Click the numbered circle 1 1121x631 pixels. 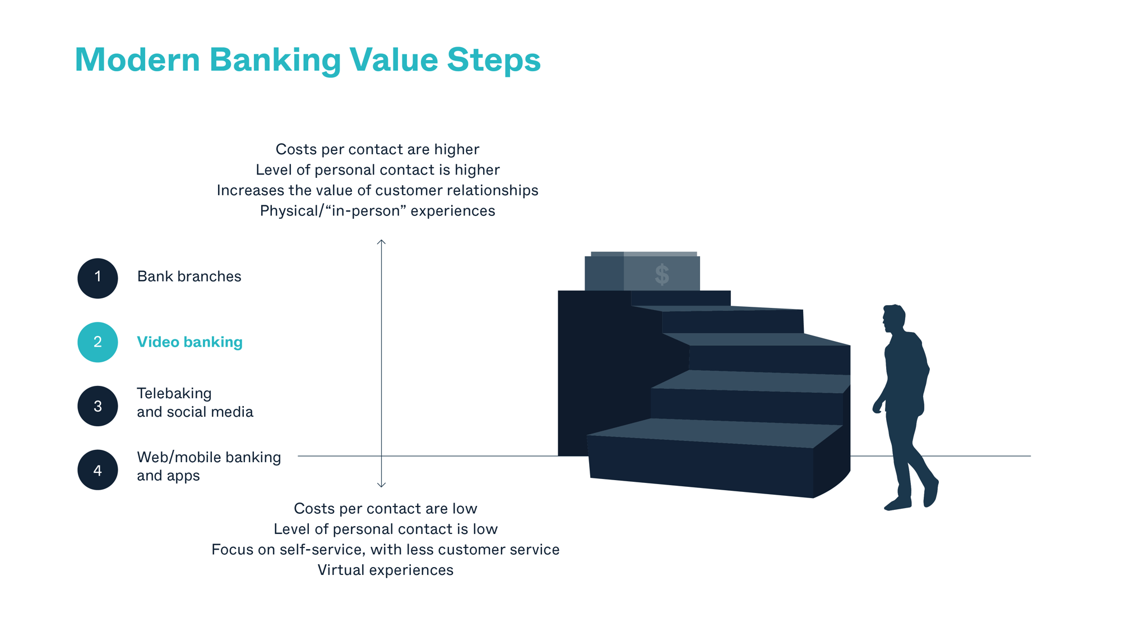[98, 278]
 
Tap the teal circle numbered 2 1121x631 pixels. [98, 342]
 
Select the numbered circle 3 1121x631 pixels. [98, 406]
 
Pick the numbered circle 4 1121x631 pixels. [98, 470]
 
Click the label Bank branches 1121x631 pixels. [189, 277]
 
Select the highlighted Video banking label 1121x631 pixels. [189, 342]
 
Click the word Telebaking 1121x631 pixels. [174, 393]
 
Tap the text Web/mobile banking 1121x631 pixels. [209, 457]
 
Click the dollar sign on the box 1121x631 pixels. [662, 275]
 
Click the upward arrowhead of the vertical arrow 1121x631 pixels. [381, 242]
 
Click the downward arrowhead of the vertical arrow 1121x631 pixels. [381, 485]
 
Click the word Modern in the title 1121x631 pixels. [137, 59]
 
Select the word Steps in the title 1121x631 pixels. [493, 59]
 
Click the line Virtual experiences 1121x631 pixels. [385, 570]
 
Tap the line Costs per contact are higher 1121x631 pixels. [377, 149]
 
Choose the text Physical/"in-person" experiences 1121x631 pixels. [377, 211]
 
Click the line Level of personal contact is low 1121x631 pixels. [385, 529]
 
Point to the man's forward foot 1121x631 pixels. [897, 504]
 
